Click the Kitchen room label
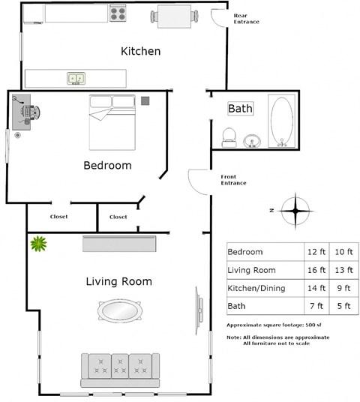point(140,51)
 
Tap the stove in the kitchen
point(118,13)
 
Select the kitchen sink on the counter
point(76,77)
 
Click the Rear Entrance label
point(246,19)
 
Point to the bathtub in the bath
point(282,121)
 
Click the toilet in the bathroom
point(229,137)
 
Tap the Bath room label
point(240,109)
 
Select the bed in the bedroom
point(113,121)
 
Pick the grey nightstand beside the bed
point(145,100)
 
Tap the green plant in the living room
point(37,243)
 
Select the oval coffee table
point(118,310)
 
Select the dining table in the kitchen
point(177,16)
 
